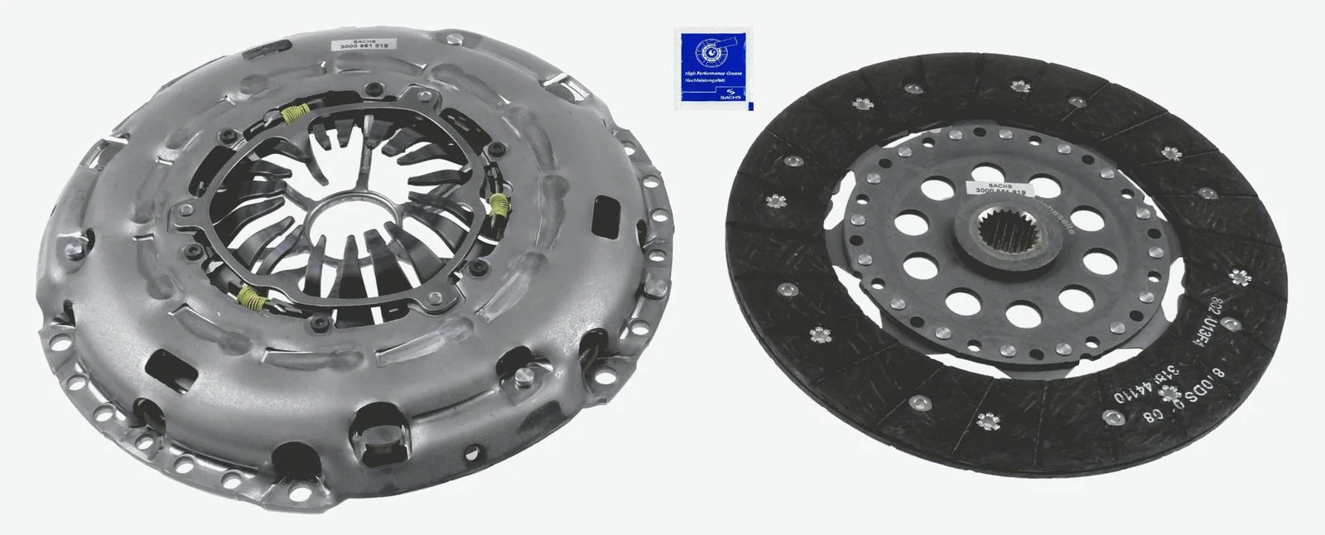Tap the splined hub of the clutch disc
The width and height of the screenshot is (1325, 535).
1005,236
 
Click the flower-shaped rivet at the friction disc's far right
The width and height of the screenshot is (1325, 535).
1240,277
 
